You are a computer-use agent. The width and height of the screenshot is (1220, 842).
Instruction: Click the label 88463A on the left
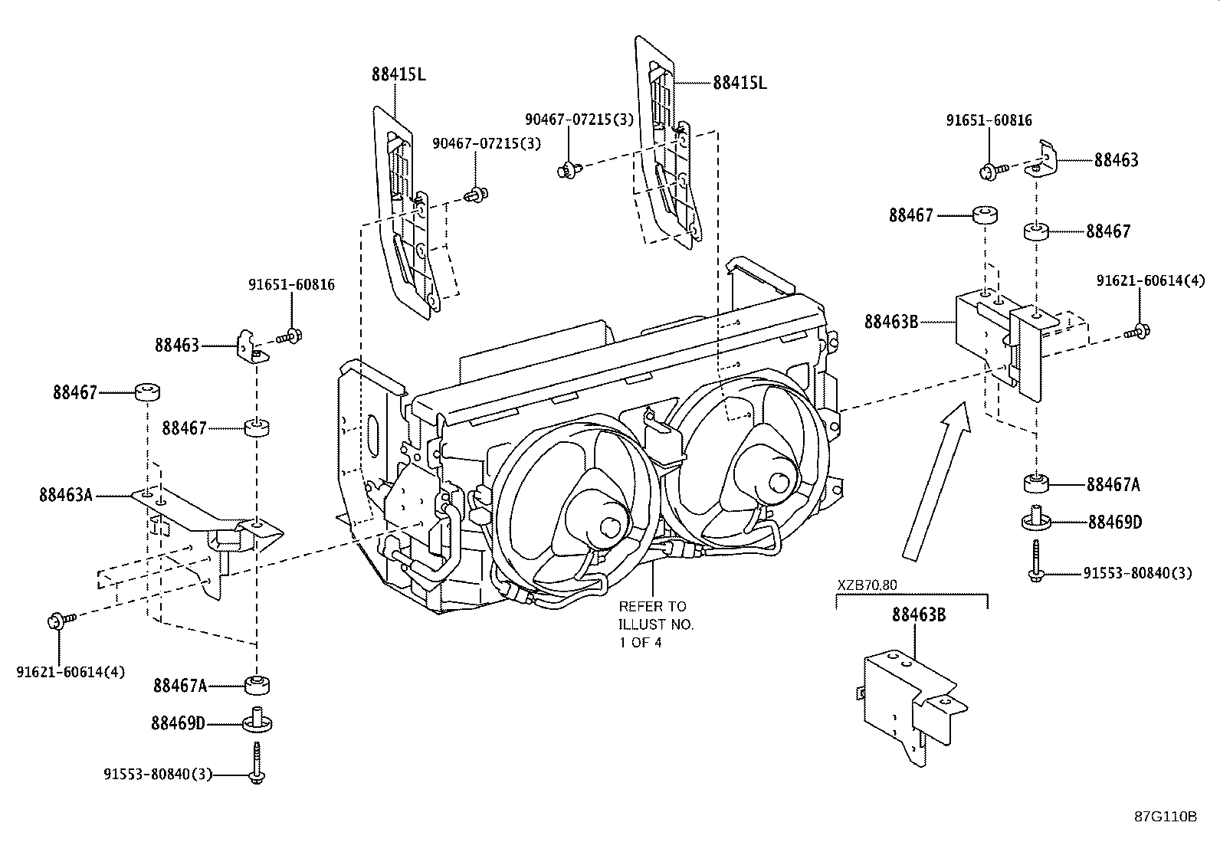point(65,496)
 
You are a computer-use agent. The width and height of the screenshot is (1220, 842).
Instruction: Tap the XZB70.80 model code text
point(866,585)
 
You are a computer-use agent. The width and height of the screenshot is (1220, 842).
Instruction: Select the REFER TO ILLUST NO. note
point(656,624)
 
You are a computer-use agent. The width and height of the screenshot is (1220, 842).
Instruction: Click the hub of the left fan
point(611,526)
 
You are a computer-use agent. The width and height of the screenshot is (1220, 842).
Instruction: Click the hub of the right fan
point(779,483)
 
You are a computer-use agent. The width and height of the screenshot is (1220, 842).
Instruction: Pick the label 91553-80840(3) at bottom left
point(158,775)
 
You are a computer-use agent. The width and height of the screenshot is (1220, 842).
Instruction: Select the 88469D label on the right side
point(1115,523)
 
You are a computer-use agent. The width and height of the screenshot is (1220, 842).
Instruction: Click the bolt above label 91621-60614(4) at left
point(60,619)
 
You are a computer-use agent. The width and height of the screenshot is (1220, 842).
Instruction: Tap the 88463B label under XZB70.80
point(919,614)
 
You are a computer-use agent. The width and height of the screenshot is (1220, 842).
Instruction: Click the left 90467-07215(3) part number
point(487,143)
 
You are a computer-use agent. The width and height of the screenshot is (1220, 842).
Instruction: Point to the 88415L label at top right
point(740,83)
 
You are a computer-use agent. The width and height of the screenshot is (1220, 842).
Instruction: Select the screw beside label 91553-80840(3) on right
point(1035,562)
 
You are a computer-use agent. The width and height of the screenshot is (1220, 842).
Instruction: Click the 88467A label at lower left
point(180,686)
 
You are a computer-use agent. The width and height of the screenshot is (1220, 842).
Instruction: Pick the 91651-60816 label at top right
point(989,120)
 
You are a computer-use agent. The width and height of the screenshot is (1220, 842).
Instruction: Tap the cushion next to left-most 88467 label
point(149,393)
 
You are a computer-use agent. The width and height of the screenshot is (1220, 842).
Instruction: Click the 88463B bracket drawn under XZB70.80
point(908,701)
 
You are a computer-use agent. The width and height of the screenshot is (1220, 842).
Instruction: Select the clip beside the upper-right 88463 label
point(1042,159)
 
